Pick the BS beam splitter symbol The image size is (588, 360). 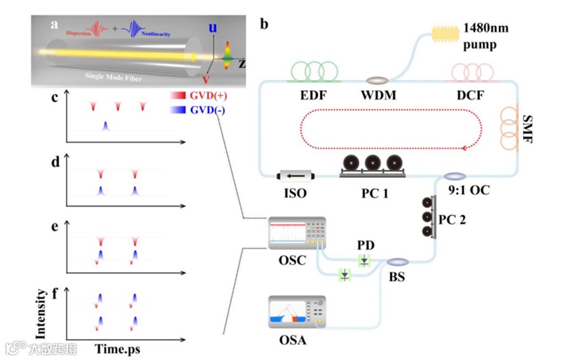pyautogui.click(x=398, y=261)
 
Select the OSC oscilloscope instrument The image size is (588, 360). pyautogui.click(x=296, y=234)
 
